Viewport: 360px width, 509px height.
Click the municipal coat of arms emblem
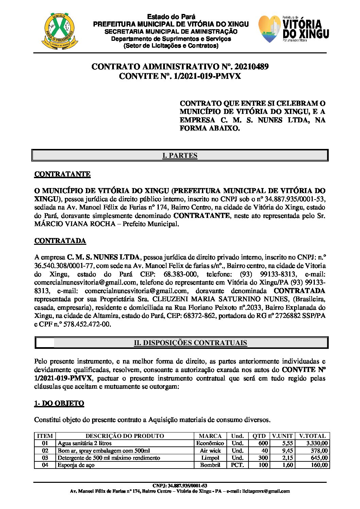61,30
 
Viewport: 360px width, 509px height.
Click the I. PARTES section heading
180,156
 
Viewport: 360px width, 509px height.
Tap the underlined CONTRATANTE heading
62,174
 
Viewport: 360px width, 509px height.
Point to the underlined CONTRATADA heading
60,241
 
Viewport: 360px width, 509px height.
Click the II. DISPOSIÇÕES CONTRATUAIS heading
190,343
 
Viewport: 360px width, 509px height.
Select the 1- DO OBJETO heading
59,403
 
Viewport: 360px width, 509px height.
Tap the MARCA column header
210,436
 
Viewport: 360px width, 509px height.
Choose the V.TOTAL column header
312,436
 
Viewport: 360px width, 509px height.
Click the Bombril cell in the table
210,465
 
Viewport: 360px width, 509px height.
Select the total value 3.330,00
317,443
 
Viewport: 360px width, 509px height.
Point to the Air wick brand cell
210,451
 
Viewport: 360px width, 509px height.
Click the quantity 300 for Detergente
263,458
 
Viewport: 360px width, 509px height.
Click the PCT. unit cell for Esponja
237,465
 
